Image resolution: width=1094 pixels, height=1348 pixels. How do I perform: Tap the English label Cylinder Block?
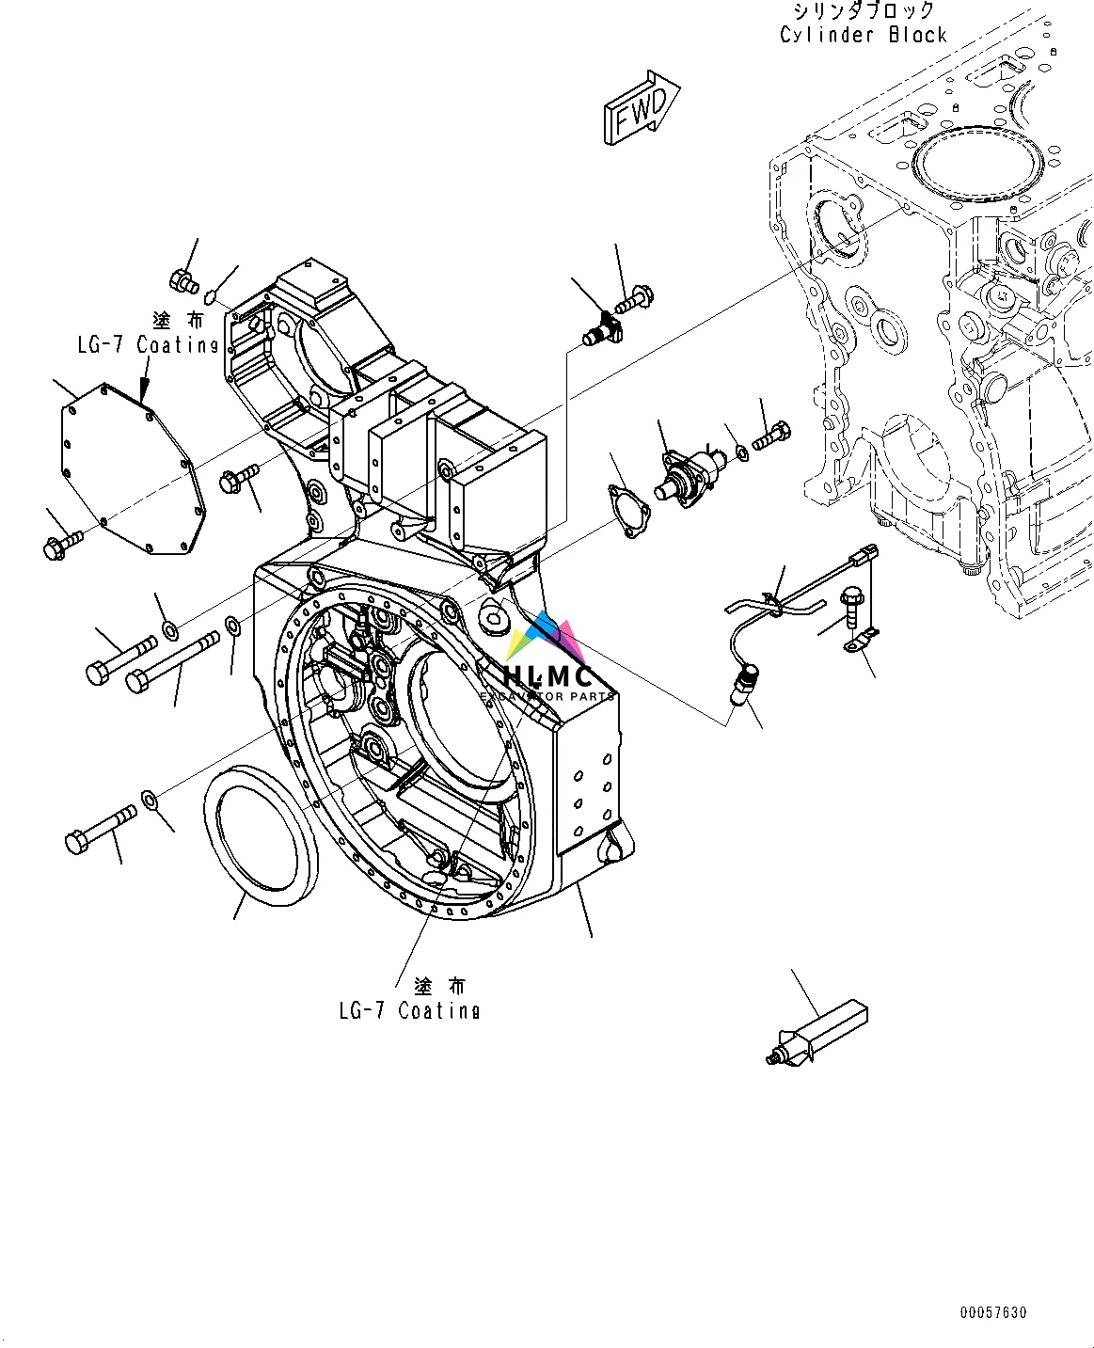pyautogui.click(x=863, y=35)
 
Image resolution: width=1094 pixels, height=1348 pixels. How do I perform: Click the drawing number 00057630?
pyautogui.click(x=993, y=1312)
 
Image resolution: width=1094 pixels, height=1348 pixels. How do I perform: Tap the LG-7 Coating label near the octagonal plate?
pyautogui.click(x=148, y=344)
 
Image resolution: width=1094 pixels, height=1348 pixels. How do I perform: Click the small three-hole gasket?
pyautogui.click(x=626, y=511)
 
